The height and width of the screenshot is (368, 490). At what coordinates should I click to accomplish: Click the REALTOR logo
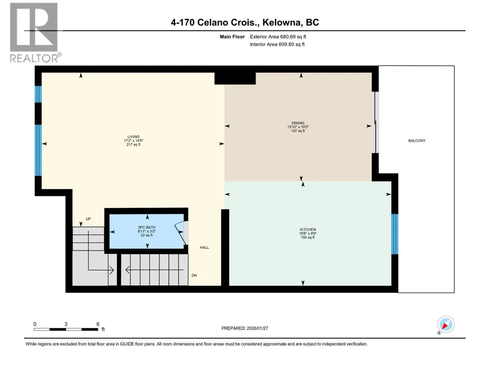(35, 33)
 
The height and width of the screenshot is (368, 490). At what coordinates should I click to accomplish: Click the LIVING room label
(133, 137)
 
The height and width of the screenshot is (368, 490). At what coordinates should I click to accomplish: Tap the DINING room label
(298, 123)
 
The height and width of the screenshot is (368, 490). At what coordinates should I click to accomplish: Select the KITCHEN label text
(307, 229)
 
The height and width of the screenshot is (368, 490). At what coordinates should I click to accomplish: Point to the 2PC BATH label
(147, 228)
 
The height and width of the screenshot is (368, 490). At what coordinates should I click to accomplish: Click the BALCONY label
(417, 140)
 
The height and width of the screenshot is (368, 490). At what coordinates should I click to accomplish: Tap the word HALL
(205, 247)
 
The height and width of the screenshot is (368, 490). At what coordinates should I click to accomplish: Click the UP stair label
(88, 219)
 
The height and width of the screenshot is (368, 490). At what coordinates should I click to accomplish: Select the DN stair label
(194, 275)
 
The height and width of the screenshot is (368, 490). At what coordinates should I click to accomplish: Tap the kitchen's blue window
(395, 234)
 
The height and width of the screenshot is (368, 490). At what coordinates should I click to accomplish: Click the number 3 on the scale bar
(66, 324)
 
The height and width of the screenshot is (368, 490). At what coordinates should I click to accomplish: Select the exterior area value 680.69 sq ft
(293, 36)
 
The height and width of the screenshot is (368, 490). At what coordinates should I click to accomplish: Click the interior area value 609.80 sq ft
(292, 44)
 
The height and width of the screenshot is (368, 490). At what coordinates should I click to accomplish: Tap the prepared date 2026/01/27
(257, 328)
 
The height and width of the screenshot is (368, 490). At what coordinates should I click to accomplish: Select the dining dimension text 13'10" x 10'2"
(298, 127)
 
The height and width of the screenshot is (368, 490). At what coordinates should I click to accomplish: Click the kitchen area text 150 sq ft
(307, 237)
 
